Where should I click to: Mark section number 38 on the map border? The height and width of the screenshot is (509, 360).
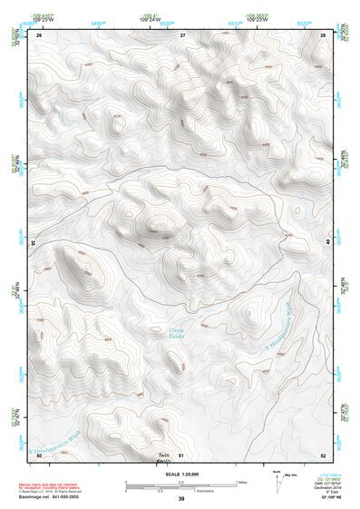33,243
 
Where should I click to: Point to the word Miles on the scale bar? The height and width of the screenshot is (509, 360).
240,481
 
